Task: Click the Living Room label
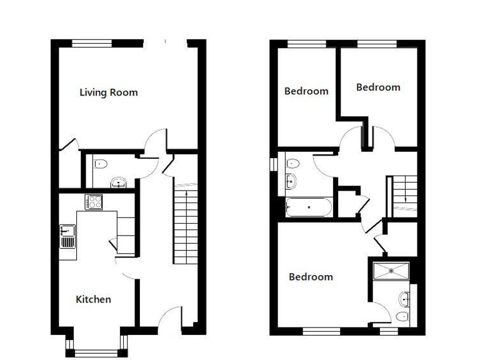point(109,92)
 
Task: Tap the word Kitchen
point(93,299)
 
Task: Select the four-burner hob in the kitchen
point(94,202)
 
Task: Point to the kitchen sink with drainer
point(67,236)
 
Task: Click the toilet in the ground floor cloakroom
point(101,164)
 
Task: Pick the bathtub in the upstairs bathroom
point(307,207)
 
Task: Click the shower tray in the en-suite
point(391,271)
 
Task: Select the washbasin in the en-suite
point(404,299)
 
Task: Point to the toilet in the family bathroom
point(292,164)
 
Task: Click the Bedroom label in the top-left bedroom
point(306,91)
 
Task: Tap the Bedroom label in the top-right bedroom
point(378,87)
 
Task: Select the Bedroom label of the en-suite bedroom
point(311,277)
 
